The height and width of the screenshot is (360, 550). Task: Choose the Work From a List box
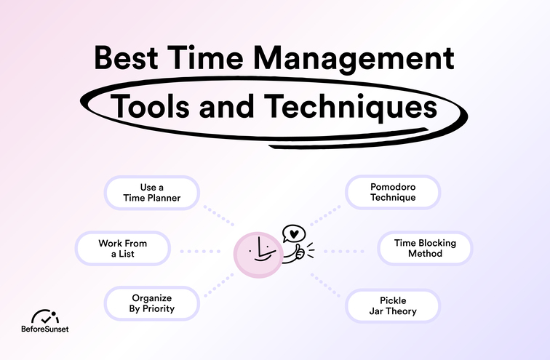coord(123,249)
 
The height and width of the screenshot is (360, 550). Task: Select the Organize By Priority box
coord(151,303)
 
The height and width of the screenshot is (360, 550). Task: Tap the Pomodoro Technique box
coord(392,192)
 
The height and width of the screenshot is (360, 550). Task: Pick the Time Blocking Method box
coord(425,249)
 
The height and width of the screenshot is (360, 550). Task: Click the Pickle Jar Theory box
coord(392,305)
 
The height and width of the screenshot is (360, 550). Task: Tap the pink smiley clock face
coord(257,255)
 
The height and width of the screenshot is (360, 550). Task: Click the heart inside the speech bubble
coord(292,234)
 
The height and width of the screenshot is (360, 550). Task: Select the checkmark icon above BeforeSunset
coord(49,316)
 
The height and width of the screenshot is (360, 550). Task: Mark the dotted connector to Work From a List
coord(199,251)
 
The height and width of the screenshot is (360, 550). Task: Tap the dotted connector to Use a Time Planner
coord(218,215)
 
